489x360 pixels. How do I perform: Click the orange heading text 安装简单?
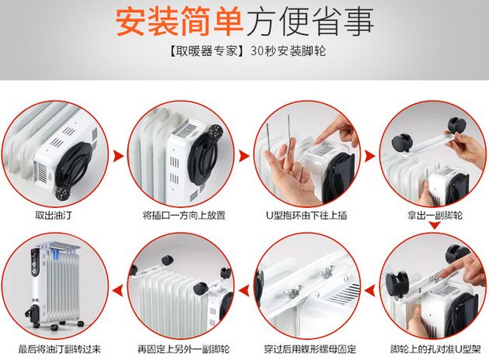click(179, 22)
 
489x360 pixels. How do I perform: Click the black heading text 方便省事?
click(309, 22)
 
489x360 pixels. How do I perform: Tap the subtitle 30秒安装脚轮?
click(288, 50)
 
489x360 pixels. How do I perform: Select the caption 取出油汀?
click(54, 215)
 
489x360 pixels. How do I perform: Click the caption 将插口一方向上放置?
click(184, 215)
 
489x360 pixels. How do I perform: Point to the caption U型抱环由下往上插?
click(307, 215)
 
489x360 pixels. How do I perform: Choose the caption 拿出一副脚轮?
click(435, 215)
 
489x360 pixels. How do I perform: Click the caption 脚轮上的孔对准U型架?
click(435, 349)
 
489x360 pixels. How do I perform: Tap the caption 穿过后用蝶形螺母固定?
click(310, 349)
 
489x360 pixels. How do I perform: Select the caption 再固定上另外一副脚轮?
click(184, 349)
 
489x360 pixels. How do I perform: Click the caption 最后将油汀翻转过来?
click(60, 349)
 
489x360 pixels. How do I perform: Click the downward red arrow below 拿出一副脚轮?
click(435, 225)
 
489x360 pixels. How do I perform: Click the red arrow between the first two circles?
click(118, 156)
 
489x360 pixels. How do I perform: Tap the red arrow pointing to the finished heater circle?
click(117, 292)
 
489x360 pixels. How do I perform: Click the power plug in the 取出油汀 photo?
click(62, 193)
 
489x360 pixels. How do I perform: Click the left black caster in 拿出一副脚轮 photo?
click(401, 142)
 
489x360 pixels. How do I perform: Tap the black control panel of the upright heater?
click(35, 261)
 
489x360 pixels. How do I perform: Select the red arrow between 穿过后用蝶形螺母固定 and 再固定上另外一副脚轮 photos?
click(244, 291)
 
